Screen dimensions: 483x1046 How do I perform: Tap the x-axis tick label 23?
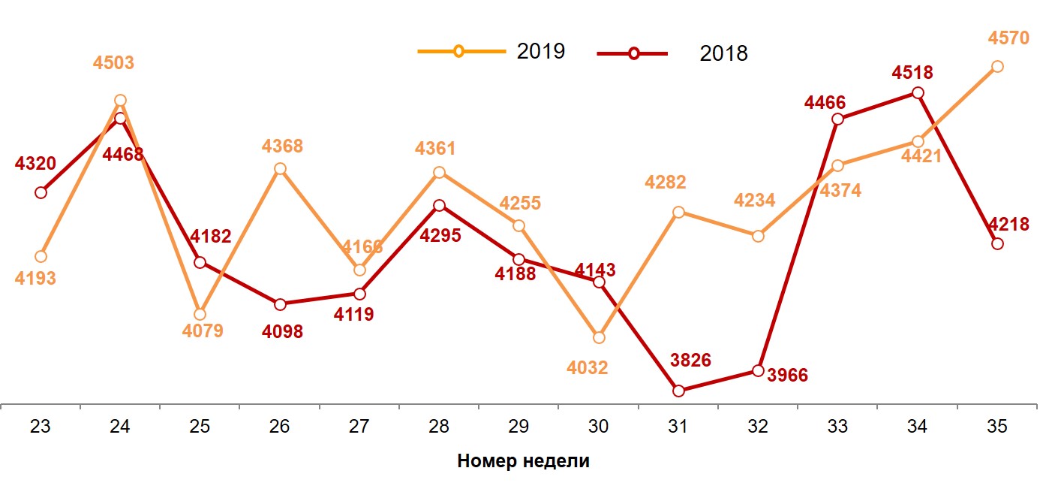pyautogui.click(x=41, y=427)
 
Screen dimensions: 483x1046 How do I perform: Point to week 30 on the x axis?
pyautogui.click(x=598, y=427)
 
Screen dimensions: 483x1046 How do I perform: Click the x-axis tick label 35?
pyautogui.click(x=996, y=427)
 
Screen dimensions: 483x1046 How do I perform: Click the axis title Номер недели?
pyautogui.click(x=523, y=461)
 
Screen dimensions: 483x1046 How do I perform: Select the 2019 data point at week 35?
pyautogui.click(x=996, y=66)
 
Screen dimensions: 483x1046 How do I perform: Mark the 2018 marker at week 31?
pyautogui.click(x=678, y=391)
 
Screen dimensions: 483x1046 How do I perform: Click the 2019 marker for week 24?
pyautogui.click(x=120, y=100)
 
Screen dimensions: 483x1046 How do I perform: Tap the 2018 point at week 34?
pyautogui.click(x=917, y=92)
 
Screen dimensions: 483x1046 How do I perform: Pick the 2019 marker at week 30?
pyautogui.click(x=598, y=337)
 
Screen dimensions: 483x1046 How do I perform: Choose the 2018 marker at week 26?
pyautogui.click(x=280, y=304)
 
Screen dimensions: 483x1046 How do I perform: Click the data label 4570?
pyautogui.click(x=1008, y=38)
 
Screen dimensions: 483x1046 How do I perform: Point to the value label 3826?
pyautogui.click(x=690, y=360)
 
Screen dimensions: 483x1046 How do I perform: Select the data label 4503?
pyautogui.click(x=113, y=63)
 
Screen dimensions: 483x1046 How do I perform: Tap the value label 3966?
pyautogui.click(x=787, y=375)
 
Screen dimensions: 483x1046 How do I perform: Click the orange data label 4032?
pyautogui.click(x=588, y=368)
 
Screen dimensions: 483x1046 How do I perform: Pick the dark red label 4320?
pyautogui.click(x=35, y=162)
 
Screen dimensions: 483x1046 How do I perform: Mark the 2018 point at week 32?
pyautogui.click(x=758, y=370)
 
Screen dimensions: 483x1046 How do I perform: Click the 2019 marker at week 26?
pyautogui.click(x=280, y=168)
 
